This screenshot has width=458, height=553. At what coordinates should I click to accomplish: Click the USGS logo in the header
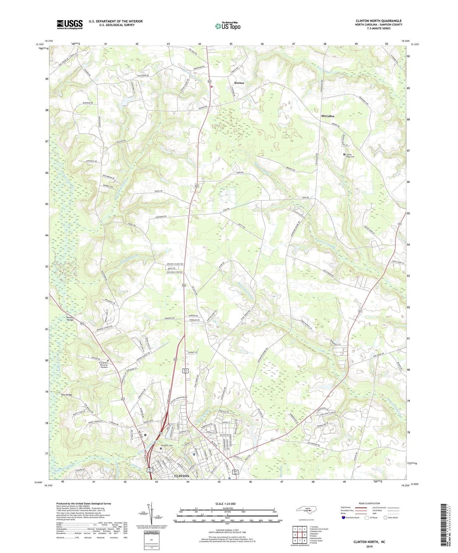pyautogui.click(x=70, y=24)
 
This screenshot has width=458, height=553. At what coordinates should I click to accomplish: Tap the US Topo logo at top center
pyautogui.click(x=227, y=26)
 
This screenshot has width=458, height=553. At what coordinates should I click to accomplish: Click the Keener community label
pyautogui.click(x=239, y=83)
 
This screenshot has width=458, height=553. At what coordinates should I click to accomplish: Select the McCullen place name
pyautogui.click(x=328, y=116)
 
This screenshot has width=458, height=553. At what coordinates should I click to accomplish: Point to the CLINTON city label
pyautogui.click(x=181, y=476)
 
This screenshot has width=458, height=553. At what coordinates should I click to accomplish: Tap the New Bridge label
pyautogui.click(x=67, y=395)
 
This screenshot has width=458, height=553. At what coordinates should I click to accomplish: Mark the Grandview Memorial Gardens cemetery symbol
pyautogui.click(x=108, y=361)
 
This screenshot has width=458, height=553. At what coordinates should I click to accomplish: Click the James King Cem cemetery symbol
pyautogui.click(x=344, y=155)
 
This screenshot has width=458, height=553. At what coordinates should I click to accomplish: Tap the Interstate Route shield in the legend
pyautogui.click(x=343, y=518)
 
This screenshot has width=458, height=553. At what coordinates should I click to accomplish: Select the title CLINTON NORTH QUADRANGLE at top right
pyautogui.click(x=379, y=21)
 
